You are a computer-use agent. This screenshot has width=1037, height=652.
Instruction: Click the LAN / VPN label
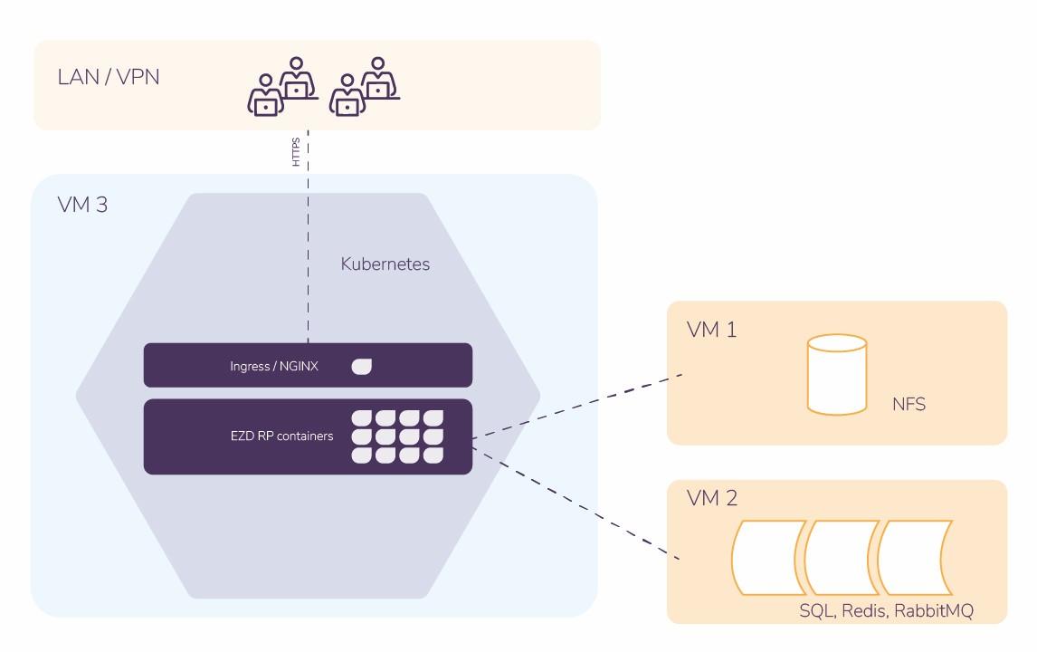(109, 76)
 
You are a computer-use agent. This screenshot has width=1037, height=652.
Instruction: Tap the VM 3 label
(82, 205)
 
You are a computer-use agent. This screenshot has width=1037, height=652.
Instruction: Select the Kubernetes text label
(385, 264)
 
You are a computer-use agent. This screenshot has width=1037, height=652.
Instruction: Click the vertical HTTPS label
(296, 152)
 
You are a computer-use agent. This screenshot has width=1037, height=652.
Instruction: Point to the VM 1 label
(711, 330)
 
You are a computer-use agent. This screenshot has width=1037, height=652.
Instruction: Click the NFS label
(909, 404)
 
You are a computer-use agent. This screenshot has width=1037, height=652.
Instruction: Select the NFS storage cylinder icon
(837, 374)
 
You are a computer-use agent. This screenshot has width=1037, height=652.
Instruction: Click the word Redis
(863, 610)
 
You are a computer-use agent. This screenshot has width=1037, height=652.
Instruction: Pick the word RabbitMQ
(934, 610)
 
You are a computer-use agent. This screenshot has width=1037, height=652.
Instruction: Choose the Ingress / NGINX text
(274, 367)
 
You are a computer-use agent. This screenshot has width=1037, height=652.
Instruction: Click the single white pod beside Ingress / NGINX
(361, 366)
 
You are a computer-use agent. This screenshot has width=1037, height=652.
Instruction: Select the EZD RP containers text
(281, 436)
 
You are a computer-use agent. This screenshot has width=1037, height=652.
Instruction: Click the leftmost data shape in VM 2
(768, 556)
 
